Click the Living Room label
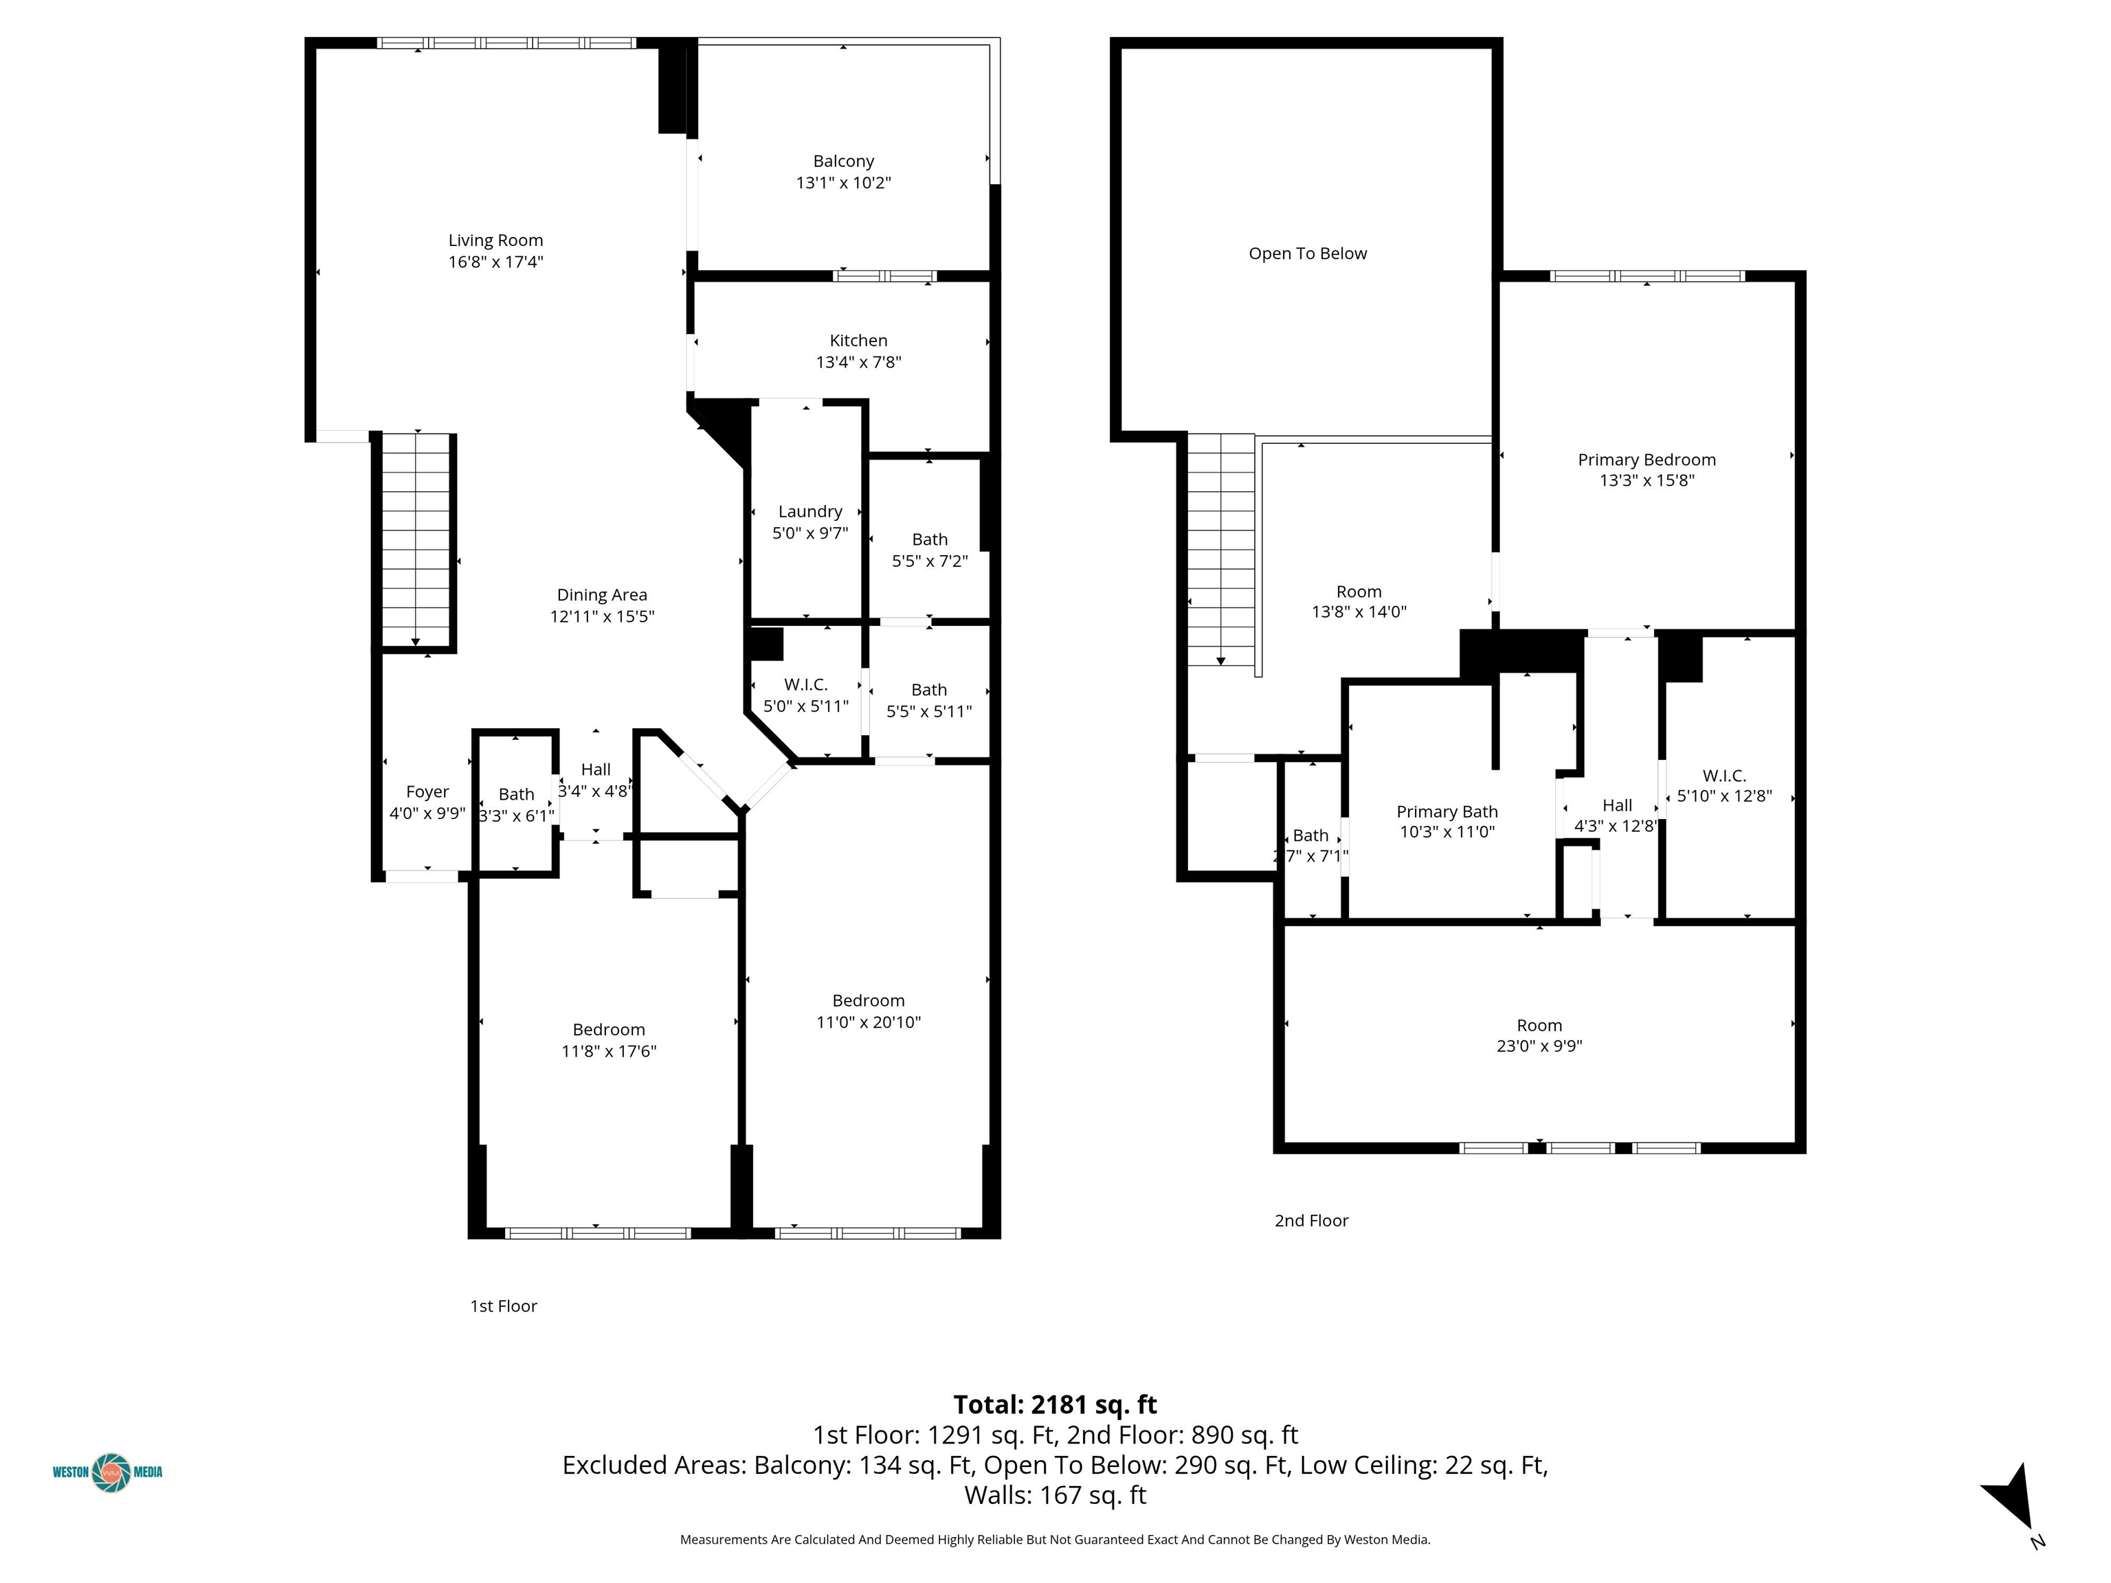pos(495,240)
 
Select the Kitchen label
pos(858,341)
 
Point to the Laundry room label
pos(809,511)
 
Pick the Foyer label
pos(427,792)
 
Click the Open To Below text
pos(1308,254)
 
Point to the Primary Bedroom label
pos(1646,460)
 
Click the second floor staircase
pos(1220,549)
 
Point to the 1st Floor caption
pos(503,1306)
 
